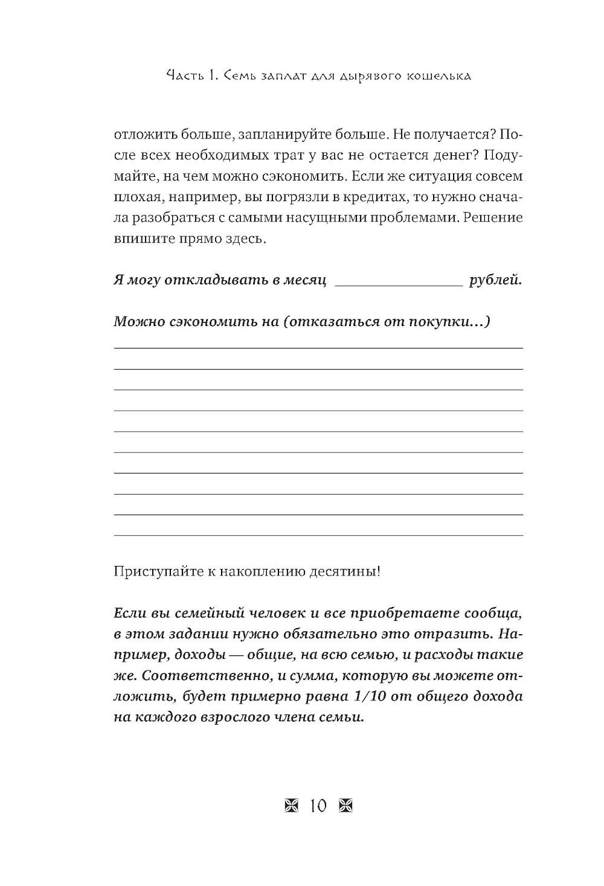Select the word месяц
304,280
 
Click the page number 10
318,806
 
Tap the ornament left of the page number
290,806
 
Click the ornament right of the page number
345,806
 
